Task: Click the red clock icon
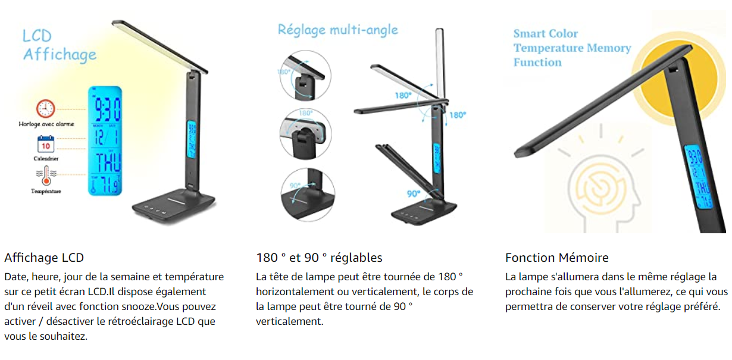45,108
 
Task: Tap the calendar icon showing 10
46,145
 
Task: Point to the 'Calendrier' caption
46,159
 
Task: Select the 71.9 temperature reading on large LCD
105,185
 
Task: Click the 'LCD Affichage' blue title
59,45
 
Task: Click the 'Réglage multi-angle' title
337,30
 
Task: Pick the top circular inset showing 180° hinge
305,76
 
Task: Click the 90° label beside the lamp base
414,193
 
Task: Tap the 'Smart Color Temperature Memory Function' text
572,48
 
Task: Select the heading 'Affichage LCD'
44,258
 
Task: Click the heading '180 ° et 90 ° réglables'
319,258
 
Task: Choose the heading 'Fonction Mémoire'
557,258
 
